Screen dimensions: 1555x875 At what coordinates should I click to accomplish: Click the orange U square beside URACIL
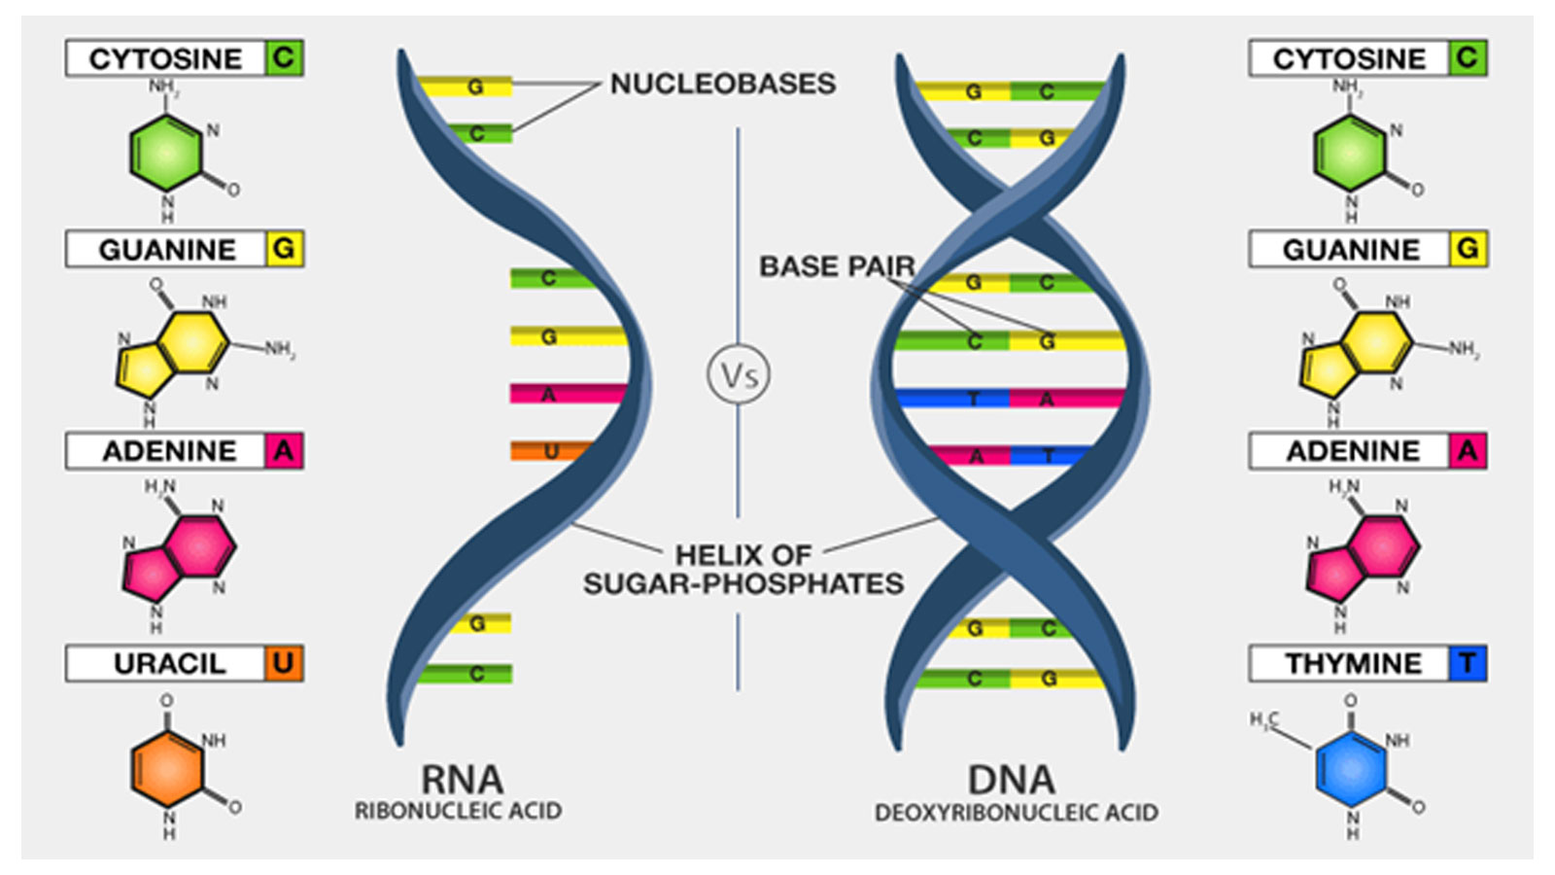point(284,663)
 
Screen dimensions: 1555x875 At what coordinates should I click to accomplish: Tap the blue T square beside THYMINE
point(1468,663)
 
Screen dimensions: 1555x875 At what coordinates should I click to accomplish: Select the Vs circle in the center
point(738,374)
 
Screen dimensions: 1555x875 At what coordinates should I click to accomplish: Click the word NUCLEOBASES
point(723,84)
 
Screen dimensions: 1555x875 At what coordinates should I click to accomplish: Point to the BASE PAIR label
point(837,266)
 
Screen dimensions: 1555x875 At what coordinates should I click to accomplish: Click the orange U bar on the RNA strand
point(552,451)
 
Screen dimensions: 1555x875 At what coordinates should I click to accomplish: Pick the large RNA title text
point(463,779)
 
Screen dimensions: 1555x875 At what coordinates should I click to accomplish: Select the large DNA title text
point(1012,780)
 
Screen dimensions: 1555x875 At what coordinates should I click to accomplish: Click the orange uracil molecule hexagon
point(167,769)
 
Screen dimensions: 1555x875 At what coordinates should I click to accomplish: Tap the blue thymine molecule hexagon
point(1351,769)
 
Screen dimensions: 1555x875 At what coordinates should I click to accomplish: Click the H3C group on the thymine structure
point(1264,721)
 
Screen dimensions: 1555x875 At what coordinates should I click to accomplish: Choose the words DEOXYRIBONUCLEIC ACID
point(1017,813)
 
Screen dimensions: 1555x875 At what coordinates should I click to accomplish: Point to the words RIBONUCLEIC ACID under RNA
point(458,811)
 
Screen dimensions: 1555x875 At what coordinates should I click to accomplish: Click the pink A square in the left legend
point(284,451)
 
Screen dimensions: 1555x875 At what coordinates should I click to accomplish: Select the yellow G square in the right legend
point(1469,249)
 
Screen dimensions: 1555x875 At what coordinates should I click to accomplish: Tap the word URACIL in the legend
point(170,664)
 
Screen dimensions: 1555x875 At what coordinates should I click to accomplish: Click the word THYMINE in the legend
point(1353,664)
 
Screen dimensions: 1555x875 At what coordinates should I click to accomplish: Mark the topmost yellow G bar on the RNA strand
point(465,87)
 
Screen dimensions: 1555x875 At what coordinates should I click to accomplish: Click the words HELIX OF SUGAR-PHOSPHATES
point(743,570)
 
